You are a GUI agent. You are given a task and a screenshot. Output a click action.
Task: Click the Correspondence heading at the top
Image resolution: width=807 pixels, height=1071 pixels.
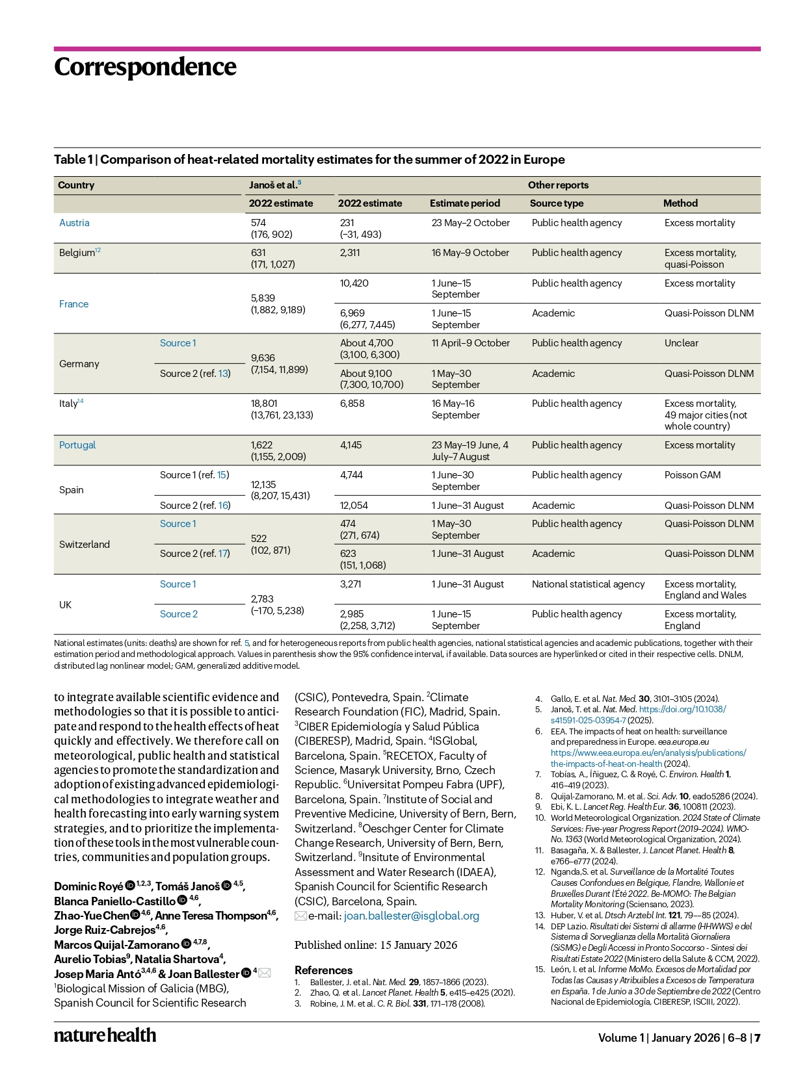[145, 67]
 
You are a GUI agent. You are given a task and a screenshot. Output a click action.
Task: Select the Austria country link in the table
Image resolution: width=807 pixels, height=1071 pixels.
[74, 223]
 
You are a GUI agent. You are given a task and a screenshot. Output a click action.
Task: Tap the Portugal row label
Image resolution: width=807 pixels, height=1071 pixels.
[77, 445]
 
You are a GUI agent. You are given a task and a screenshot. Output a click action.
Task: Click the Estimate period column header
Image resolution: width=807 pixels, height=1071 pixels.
[465, 203]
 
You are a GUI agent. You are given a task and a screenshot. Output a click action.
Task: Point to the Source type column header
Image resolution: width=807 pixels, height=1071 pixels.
[557, 203]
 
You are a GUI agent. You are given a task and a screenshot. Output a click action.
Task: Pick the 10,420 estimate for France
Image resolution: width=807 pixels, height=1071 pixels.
[354, 283]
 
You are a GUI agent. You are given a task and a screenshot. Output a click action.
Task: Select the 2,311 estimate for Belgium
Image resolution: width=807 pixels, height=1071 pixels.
[351, 253]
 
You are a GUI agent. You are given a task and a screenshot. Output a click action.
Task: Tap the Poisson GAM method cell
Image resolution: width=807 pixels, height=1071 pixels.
[693, 475]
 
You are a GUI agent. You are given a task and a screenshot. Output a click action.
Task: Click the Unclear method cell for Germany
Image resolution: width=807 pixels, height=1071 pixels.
[681, 343]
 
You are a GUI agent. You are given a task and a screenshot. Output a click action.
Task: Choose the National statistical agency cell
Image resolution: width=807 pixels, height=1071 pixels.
[589, 584]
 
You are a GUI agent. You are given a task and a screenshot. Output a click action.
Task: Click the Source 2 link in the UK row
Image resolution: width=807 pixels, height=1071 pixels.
[179, 614]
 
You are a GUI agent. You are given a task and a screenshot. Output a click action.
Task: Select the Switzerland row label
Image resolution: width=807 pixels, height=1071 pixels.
[85, 545]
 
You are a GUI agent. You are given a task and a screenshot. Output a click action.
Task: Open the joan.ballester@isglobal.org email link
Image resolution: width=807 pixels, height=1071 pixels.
[412, 916]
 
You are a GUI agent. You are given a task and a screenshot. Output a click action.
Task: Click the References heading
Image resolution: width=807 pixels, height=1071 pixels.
[323, 970]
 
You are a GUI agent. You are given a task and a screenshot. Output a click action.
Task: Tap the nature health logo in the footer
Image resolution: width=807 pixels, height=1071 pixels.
[105, 1035]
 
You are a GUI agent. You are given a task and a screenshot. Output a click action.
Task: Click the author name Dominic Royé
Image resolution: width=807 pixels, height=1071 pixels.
[88, 886]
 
